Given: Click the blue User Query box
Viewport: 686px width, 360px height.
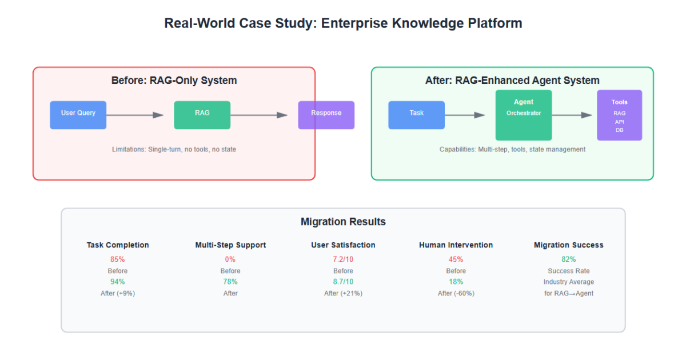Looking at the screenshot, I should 78,115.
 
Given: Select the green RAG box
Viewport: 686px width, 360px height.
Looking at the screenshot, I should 202,115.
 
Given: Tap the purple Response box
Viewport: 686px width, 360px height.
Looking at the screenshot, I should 326,115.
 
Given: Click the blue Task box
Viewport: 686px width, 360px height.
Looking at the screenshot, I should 417,115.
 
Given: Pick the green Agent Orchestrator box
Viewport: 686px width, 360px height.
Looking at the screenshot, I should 524,115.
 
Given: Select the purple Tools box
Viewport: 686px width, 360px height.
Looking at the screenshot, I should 620,115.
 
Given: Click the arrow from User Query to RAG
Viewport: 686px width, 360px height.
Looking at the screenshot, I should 135,115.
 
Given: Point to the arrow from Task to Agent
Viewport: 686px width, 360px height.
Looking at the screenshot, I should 465,115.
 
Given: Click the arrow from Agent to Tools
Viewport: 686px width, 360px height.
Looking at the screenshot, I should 572,115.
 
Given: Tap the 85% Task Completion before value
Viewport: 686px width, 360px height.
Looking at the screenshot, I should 118,259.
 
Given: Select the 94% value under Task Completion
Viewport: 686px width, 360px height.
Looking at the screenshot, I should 118,282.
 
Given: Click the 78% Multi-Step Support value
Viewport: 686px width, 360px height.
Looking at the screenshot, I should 230,282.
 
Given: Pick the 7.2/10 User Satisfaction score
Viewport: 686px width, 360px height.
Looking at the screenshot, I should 343,259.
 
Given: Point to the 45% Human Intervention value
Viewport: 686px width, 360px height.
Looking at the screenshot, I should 456,259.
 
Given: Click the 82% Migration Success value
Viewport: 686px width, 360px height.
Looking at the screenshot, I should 569,259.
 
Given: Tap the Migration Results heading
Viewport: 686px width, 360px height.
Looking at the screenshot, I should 343,222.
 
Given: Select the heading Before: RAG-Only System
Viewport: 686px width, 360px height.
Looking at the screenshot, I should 174,81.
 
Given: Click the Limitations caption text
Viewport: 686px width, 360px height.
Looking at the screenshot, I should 174,149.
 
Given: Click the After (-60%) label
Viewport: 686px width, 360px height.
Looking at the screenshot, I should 456,293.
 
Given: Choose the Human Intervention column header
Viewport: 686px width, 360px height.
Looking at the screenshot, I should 456,245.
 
